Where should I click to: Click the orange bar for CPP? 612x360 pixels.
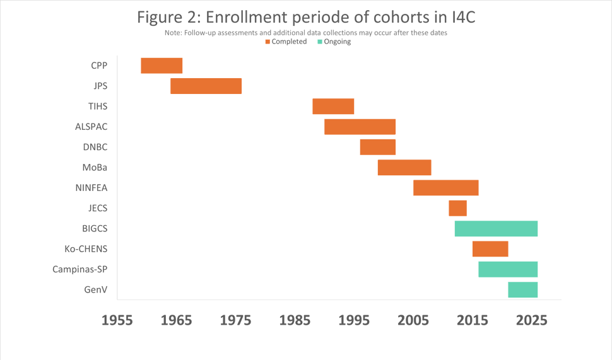coord(162,66)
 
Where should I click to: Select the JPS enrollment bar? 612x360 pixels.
coord(206,86)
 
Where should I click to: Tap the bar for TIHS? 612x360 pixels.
coord(333,106)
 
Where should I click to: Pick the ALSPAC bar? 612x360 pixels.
coord(360,126)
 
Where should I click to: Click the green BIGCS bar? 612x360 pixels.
coord(496,228)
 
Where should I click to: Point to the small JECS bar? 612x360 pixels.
coord(457,208)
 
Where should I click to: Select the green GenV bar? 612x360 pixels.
coord(522,289)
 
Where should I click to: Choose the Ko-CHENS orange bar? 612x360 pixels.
coord(490,248)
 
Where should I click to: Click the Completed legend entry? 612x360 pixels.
coord(286,42)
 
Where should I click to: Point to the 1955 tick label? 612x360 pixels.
coord(117,320)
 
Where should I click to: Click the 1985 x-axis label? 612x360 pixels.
coord(295,320)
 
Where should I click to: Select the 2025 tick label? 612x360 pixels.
coord(532,320)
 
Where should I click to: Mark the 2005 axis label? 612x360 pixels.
coord(413,320)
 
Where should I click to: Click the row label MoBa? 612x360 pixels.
coord(95,167)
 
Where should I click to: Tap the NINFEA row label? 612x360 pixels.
coord(91,187)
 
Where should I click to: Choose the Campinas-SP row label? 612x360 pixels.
coord(80,269)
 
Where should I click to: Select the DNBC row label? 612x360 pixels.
coord(95,147)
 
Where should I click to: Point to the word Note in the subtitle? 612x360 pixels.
coord(172,33)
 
